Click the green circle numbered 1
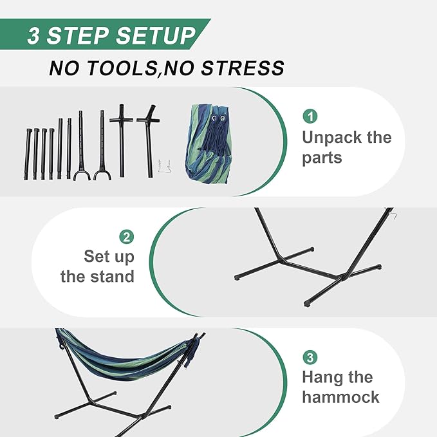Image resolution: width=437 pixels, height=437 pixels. point(310,116)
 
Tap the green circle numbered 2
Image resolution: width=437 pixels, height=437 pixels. point(127,237)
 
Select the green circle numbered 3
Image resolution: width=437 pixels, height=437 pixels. point(310,357)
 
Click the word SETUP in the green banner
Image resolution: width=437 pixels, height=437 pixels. point(156,35)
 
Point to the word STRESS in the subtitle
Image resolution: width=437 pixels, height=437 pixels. point(243,68)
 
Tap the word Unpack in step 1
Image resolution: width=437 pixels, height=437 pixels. point(331,138)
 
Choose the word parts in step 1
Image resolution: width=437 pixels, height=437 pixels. point(322,158)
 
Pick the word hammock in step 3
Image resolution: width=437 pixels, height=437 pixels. point(340,396)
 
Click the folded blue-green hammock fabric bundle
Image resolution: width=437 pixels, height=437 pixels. point(209,144)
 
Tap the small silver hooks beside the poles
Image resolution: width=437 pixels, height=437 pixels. point(164,167)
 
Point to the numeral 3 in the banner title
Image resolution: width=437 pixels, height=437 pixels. point(33,35)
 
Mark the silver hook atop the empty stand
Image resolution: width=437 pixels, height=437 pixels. point(391,214)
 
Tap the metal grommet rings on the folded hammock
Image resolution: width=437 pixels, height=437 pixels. point(218,118)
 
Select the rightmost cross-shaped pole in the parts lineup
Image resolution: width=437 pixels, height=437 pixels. point(148,141)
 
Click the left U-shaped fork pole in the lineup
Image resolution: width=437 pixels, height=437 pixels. point(81,145)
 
